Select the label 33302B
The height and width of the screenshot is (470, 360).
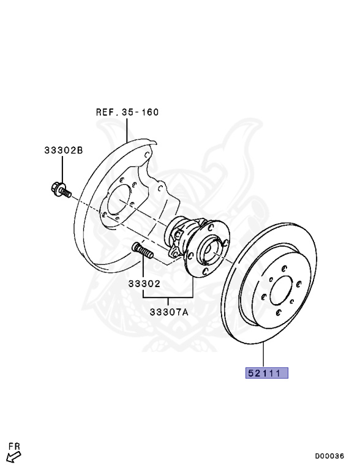point(64,150)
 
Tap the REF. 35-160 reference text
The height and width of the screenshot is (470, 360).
point(127,112)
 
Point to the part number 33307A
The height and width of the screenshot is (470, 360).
point(169,312)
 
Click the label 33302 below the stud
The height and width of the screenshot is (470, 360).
point(144,283)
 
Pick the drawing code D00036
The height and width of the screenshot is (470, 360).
point(329,456)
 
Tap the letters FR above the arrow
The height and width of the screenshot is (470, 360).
point(14,446)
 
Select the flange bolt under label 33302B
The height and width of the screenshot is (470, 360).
point(61,190)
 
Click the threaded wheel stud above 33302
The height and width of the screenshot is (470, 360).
point(143,250)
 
